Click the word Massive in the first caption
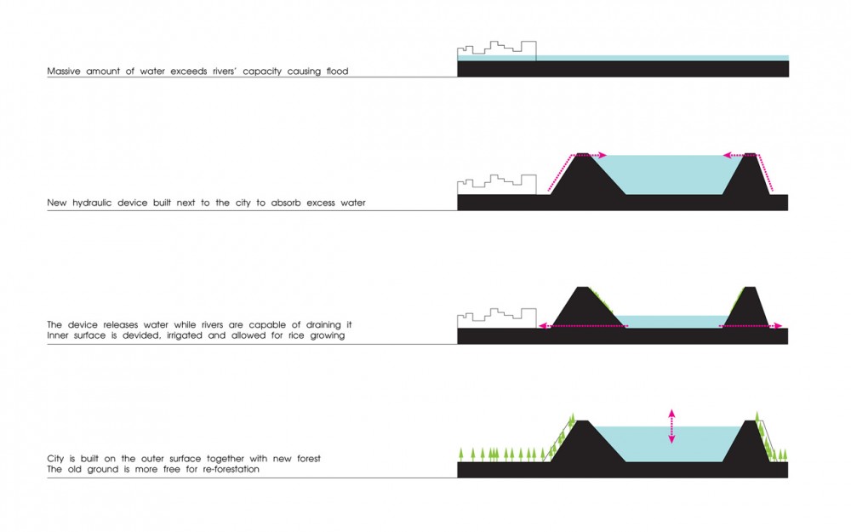tap(64, 72)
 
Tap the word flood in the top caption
tap(337, 72)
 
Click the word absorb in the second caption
tap(286, 203)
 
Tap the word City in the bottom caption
tap(55, 459)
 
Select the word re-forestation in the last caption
tap(231, 469)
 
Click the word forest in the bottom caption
tap(308, 459)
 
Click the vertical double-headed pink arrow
tap(671, 426)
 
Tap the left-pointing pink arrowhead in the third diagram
tap(542, 326)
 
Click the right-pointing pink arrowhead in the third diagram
tap(779, 326)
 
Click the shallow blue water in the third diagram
tap(673, 322)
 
